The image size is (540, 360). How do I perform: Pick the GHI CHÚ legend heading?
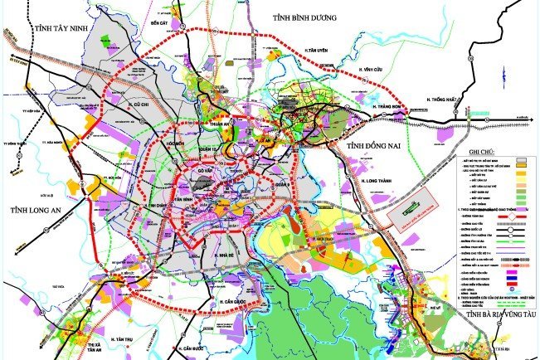[485, 151]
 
